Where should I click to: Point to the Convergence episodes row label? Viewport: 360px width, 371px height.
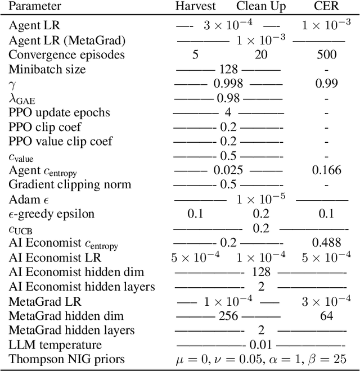point(66,55)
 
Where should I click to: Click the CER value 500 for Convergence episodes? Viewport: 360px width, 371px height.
point(326,55)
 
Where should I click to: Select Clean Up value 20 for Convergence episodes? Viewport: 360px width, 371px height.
point(260,55)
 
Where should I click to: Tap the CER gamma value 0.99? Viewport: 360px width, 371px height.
point(326,84)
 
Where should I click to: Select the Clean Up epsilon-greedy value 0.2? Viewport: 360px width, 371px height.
point(260,214)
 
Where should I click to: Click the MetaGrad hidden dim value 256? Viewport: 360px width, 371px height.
point(228,315)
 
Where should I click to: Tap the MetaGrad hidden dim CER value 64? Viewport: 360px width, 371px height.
point(326,315)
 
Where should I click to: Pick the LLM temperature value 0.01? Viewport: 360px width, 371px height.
point(260,344)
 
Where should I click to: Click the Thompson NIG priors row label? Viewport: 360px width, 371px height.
point(66,359)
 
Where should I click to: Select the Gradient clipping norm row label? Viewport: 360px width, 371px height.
point(70,184)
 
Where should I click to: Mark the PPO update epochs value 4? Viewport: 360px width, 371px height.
point(228,112)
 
